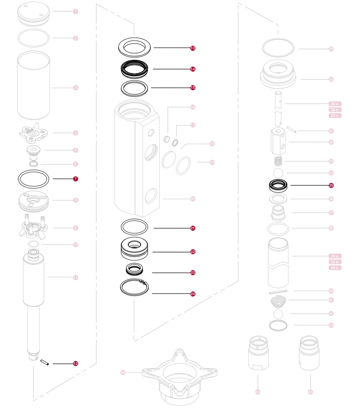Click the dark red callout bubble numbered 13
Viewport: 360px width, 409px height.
tap(193, 48)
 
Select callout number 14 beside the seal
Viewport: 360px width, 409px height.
tap(193, 69)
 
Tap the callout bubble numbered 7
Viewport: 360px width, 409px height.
tap(76, 179)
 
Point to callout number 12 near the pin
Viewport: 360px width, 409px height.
tap(76, 364)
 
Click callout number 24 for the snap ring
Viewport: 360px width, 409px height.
tap(193, 294)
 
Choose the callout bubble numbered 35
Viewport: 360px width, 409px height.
tap(331, 186)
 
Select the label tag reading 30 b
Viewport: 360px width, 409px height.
tap(335, 110)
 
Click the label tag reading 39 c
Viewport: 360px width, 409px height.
tap(335, 268)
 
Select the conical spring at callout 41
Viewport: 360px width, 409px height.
tap(279, 300)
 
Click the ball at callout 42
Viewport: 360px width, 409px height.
tap(279, 314)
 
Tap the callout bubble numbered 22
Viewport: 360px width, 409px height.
tap(193, 252)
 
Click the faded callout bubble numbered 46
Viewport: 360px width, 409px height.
tap(123, 373)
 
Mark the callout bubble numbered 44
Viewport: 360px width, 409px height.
tap(257, 392)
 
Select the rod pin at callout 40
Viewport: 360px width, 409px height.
tap(279, 291)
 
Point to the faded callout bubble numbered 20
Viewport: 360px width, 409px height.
tap(193, 199)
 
